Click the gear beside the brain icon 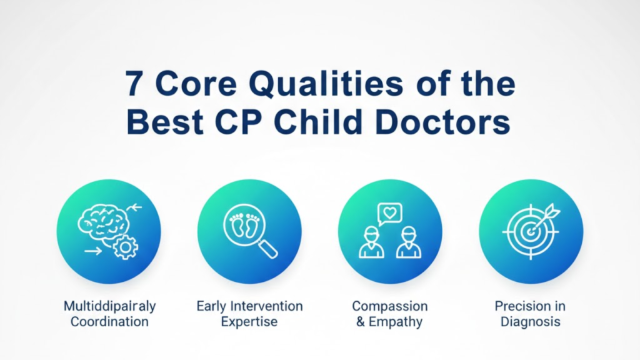pos(126,247)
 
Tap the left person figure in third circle pos(371,242)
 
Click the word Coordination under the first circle pos(109,322)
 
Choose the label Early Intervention pos(249,306)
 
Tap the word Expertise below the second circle pos(249,322)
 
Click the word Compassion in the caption pos(389,306)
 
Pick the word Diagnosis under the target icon pos(531,322)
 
